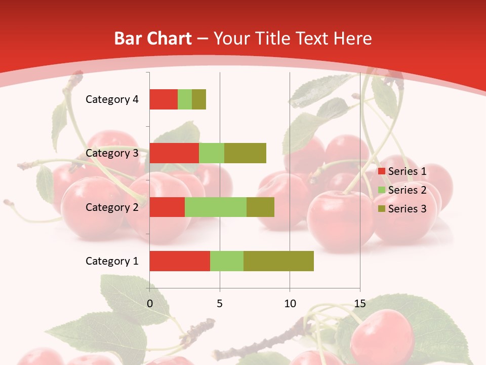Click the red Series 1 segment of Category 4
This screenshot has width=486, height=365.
[164, 99]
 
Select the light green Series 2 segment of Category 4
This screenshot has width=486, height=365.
[185, 99]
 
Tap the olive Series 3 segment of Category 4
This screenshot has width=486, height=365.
[199, 99]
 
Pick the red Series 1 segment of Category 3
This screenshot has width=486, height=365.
[174, 153]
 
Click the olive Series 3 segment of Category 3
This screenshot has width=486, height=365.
[245, 153]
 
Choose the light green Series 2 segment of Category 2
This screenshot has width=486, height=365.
[216, 207]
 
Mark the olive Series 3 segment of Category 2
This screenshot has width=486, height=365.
[260, 207]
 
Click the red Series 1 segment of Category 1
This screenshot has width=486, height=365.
[180, 261]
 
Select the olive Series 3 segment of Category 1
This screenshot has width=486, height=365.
[278, 261]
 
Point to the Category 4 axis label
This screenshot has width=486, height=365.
[112, 99]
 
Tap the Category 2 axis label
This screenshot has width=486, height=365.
[112, 207]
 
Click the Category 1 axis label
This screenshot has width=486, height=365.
[112, 261]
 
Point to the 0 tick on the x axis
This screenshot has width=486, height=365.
[150, 303]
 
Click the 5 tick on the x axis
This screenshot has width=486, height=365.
[220, 303]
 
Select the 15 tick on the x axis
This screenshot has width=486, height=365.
[360, 303]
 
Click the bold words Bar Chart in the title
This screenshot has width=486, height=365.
[153, 39]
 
